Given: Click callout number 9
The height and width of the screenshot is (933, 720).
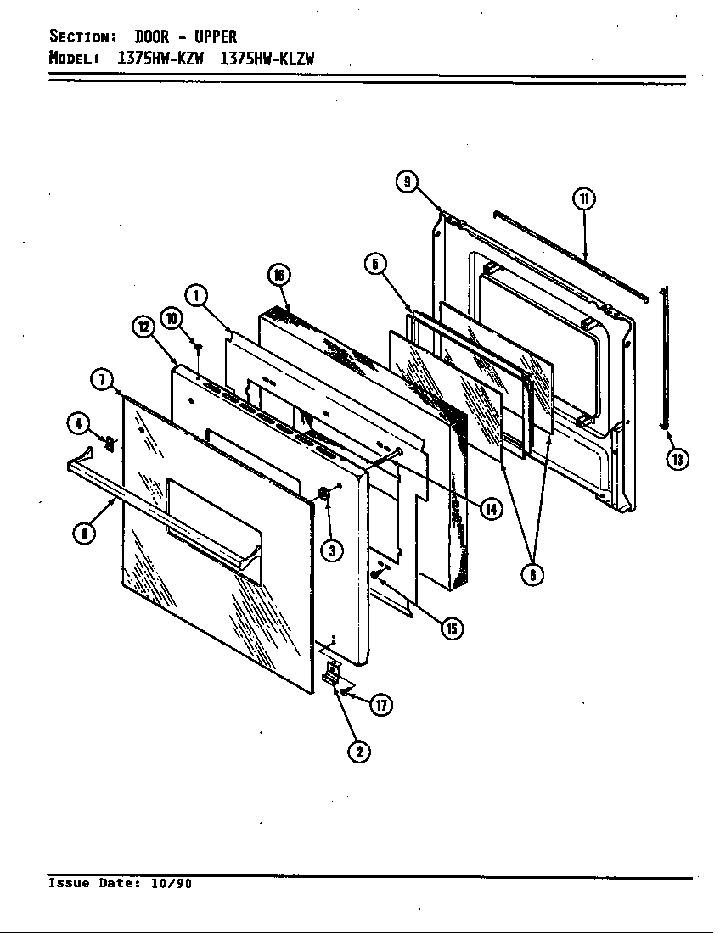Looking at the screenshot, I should point(408,182).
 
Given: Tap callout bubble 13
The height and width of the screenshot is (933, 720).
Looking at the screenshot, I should point(677,459).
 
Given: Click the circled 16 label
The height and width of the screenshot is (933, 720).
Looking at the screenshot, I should point(278,274).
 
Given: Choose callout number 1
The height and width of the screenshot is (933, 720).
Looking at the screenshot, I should point(196,296).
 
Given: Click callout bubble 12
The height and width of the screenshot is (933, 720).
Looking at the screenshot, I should point(142,327).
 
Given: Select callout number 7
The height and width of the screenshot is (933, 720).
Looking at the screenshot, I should point(101,379).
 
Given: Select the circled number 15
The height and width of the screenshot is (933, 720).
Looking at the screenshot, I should point(452,628).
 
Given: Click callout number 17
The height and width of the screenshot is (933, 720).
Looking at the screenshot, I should point(382,704).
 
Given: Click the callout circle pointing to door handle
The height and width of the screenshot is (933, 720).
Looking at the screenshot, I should point(82,534).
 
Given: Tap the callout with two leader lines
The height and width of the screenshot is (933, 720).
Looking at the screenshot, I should point(532,574).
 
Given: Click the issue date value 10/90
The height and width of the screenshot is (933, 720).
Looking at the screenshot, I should point(172,883).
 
